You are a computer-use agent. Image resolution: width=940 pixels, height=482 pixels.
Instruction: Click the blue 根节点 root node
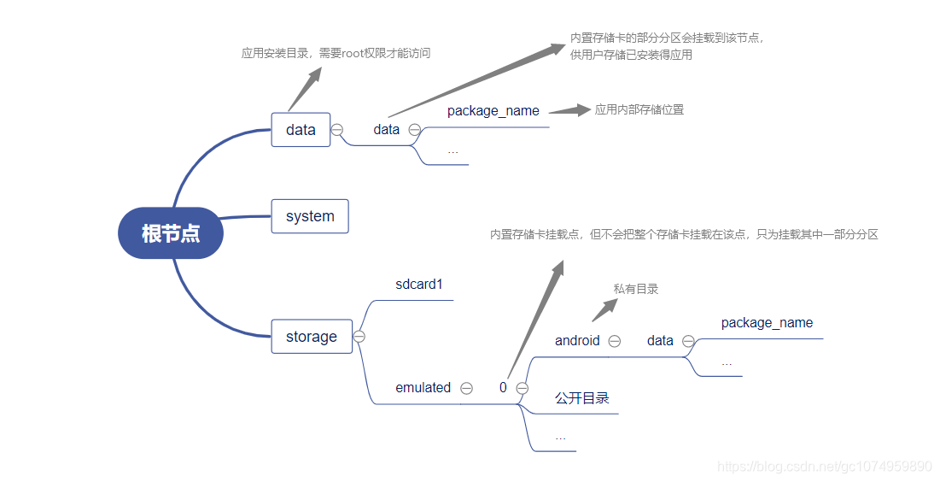tap(170, 232)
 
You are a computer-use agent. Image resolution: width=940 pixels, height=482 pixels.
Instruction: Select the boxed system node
tap(310, 216)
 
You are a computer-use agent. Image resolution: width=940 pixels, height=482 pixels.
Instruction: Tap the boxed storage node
tap(312, 337)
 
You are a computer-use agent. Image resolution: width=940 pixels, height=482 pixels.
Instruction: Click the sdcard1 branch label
tap(419, 285)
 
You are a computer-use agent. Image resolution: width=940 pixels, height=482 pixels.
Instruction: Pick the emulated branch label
tap(423, 388)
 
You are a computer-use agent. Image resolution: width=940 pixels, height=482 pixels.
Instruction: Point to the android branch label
tap(577, 341)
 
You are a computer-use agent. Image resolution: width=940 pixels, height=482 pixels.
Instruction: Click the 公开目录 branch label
tap(581, 399)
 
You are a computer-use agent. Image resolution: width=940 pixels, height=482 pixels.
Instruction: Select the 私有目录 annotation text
tap(636, 289)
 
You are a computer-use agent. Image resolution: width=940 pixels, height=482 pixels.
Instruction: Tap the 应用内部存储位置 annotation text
tap(639, 109)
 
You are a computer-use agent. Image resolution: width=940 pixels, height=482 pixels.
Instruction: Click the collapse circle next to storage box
tap(359, 337)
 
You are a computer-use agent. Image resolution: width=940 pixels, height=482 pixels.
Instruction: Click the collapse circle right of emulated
tap(466, 388)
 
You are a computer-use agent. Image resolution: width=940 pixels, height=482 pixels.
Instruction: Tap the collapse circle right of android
tap(614, 341)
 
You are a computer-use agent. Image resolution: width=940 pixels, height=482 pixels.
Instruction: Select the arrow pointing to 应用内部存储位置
tap(569, 110)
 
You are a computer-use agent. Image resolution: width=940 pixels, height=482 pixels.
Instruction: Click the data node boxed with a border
tap(301, 130)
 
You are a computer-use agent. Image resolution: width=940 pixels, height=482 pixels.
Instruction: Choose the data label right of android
tap(660, 341)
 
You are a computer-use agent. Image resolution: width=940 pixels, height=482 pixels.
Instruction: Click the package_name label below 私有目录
tap(767, 323)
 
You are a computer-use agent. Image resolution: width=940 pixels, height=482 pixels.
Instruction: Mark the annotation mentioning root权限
tap(336, 53)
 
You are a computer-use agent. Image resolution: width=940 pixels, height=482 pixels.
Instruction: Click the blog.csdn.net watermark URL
tap(825, 467)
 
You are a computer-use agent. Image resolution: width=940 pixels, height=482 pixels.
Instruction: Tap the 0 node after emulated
tap(503, 388)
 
